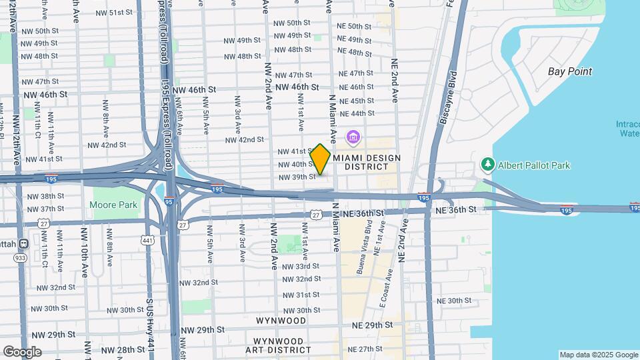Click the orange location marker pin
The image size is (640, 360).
click(321, 160)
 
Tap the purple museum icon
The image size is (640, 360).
click(353, 139)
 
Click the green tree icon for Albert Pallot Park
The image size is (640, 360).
click(488, 165)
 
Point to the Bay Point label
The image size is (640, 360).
click(570, 71)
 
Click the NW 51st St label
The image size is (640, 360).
click(115, 13)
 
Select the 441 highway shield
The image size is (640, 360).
click(147, 239)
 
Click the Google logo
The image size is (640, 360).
click(22, 351)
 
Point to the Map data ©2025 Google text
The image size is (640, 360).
click(598, 355)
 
